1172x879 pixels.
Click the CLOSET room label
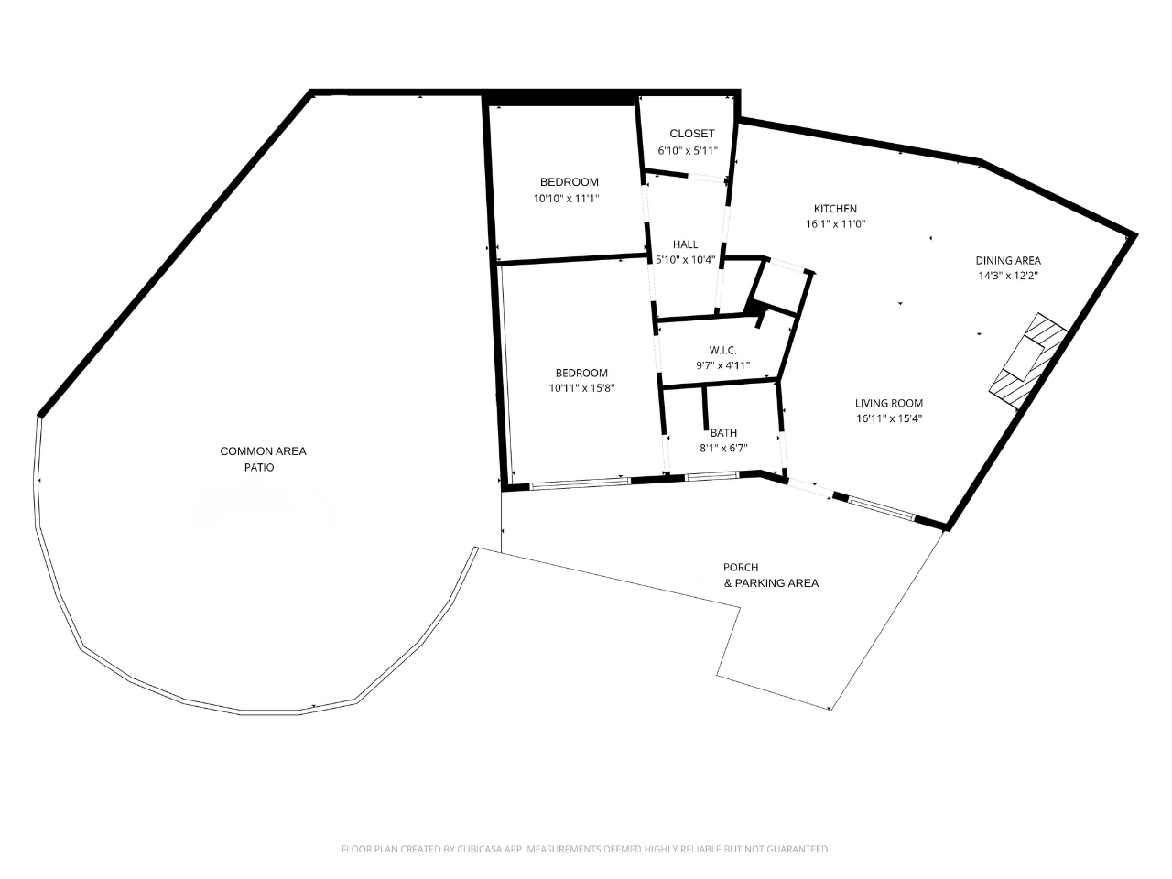[691, 134]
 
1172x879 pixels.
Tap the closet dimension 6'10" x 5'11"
[688, 151]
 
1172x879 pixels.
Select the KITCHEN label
[835, 209]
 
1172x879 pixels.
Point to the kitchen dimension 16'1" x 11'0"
[835, 224]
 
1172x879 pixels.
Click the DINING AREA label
[1007, 260]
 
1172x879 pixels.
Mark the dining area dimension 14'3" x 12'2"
[1007, 276]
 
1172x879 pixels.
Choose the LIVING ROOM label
[888, 403]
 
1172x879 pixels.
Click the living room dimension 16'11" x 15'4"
[888, 419]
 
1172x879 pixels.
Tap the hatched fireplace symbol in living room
[1027, 356]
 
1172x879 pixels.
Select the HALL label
[685, 244]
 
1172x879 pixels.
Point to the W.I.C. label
[722, 351]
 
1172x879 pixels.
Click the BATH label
[723, 433]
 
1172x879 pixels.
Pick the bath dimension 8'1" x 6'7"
[723, 449]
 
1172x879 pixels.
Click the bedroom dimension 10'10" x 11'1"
[569, 199]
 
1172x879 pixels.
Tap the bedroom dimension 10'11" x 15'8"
[581, 388]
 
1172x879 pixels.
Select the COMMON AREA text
[263, 451]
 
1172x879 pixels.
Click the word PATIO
[258, 467]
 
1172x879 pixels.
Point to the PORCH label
[741, 568]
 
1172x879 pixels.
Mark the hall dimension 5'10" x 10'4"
[685, 260]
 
